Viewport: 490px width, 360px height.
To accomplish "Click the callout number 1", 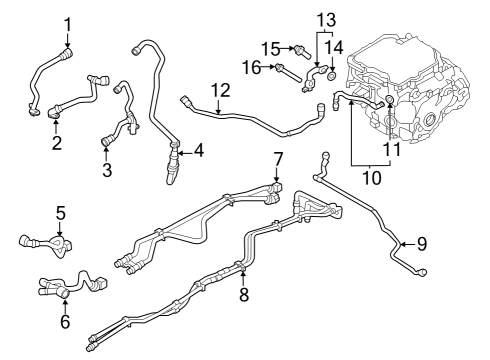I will click(x=68, y=24).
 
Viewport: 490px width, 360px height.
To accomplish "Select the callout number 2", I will click(x=57, y=143).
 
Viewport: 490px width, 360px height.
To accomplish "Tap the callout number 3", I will click(x=107, y=170).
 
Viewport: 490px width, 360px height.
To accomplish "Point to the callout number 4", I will click(x=199, y=151).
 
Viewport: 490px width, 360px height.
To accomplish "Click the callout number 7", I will click(x=278, y=158).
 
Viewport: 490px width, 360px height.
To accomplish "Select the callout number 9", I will click(x=420, y=242).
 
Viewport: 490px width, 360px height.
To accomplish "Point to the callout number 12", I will click(x=220, y=90).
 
